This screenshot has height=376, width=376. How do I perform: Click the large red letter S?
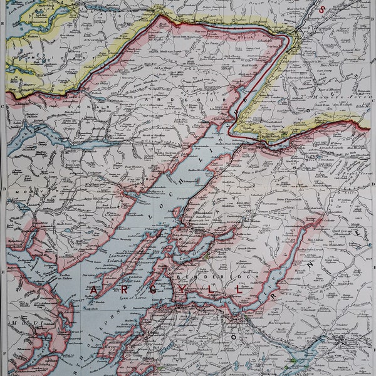[321, 9]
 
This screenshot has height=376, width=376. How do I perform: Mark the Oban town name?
[151, 333]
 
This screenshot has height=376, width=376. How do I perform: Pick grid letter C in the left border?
[3, 106]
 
